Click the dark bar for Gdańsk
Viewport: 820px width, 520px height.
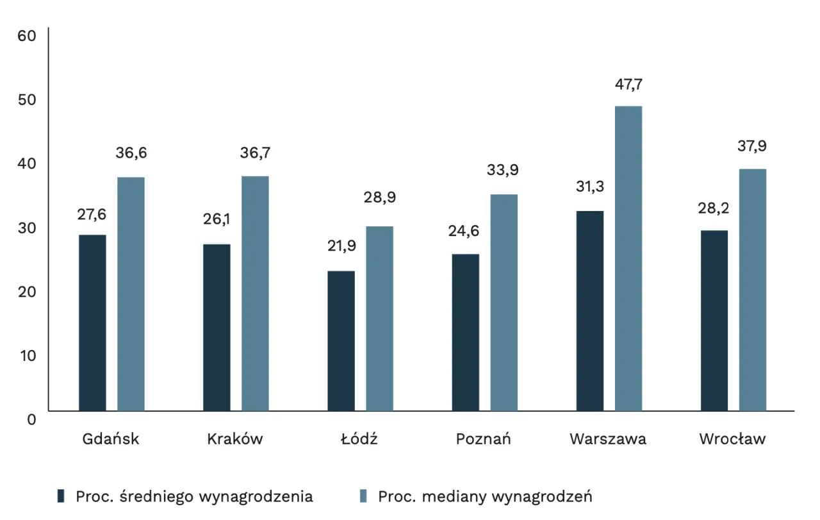tap(92, 323)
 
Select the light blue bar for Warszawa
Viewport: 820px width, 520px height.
tap(628, 258)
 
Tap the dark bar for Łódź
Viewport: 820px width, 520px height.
tap(341, 340)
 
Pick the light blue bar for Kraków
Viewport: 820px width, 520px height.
tap(255, 293)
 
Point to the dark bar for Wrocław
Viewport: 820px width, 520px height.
tap(714, 321)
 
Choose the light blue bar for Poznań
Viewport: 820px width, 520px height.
tap(504, 303)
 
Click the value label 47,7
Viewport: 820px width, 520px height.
tap(628, 84)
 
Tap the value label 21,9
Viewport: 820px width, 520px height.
tap(341, 246)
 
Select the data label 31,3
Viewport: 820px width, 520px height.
tap(590, 187)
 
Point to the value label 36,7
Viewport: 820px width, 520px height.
tap(255, 153)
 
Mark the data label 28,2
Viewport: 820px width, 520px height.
tap(714, 208)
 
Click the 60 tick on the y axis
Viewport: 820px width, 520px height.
tap(27, 35)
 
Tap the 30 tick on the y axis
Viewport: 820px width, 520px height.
tap(27, 227)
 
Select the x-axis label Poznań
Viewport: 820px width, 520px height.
tap(484, 439)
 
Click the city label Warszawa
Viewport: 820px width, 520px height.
tap(608, 439)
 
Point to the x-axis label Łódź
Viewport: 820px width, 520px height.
tap(359, 439)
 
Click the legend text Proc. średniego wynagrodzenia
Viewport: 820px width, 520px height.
tap(194, 496)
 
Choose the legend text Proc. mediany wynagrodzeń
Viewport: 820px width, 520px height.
tap(485, 496)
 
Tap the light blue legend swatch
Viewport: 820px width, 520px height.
tap(363, 496)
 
